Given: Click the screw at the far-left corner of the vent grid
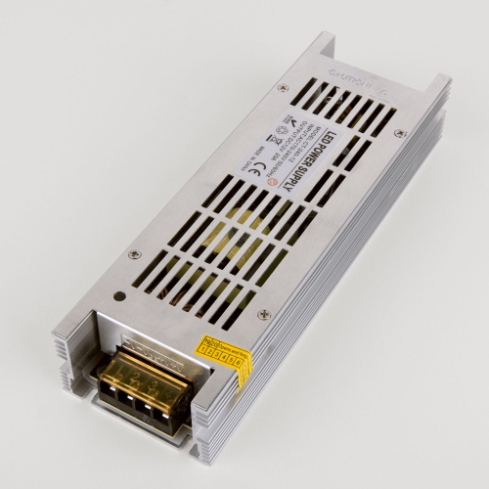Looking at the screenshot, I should click(x=283, y=88).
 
